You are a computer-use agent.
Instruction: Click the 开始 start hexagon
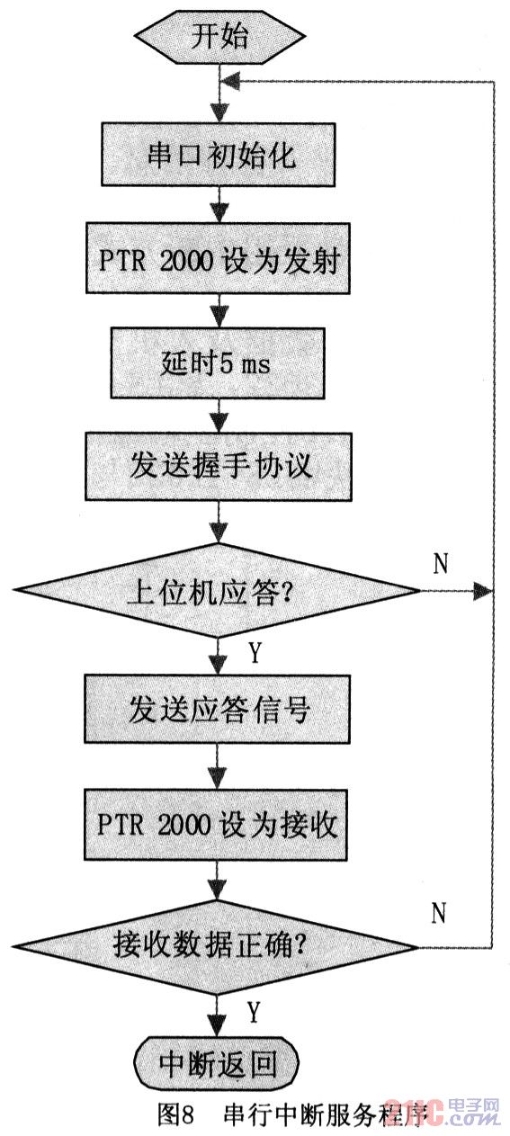coord(220,37)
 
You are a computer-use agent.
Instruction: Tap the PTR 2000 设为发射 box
coord(218,259)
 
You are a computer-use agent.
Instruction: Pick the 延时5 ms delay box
coord(218,362)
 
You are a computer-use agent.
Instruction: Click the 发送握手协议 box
coord(218,466)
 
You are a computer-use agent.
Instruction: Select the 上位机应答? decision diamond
coord(217,590)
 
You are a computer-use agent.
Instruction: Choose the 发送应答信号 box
coord(217,709)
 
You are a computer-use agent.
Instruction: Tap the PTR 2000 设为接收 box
coord(217,824)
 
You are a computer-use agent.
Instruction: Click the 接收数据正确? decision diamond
coord(217,947)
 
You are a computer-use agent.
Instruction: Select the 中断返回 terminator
coord(217,1063)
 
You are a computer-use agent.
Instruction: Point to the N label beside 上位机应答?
coord(441,562)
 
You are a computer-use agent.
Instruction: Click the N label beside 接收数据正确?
coord(439,913)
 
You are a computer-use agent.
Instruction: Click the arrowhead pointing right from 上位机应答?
coord(482,590)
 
